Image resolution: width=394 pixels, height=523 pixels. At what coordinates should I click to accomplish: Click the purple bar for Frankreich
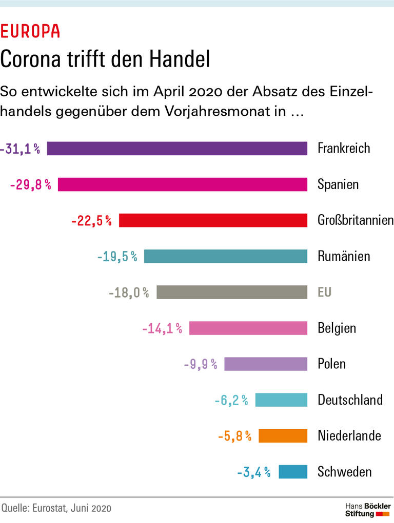coord(177,149)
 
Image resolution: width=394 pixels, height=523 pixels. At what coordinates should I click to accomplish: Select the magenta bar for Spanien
coord(182,184)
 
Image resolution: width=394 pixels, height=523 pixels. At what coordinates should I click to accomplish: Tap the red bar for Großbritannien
coord(213,220)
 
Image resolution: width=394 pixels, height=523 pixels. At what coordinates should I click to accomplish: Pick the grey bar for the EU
coord(232,292)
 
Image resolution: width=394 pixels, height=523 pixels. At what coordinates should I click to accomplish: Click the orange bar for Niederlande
coord(283,435)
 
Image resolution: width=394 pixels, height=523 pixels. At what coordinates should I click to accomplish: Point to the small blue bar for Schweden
coord(293,471)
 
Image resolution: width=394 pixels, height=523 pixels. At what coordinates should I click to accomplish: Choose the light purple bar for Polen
coord(266,364)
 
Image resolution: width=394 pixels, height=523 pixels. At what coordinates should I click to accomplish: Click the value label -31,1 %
coord(21,149)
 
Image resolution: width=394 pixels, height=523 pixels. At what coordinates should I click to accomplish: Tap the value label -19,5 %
coord(117,256)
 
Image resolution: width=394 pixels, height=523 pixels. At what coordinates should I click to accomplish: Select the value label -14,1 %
coord(162,328)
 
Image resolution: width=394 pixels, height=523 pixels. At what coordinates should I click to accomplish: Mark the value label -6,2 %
coord(231,400)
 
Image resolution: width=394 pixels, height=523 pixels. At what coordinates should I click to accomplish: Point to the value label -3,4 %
coord(254,472)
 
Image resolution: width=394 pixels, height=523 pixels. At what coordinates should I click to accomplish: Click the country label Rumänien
coord(344,256)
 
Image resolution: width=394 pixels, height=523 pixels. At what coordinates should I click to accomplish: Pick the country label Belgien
coord(337,328)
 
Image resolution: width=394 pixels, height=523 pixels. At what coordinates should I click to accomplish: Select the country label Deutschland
coord(350,400)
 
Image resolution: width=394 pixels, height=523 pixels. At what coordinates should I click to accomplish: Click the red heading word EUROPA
coord(30,32)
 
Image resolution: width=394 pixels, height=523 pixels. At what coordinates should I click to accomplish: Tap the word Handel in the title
coord(180,59)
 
